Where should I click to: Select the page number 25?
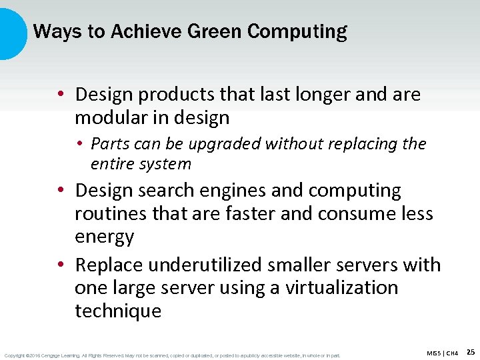(470, 352)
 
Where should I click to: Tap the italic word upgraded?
(223, 144)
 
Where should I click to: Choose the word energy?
(105, 237)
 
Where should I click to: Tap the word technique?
(118, 311)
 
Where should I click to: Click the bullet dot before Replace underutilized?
(61, 265)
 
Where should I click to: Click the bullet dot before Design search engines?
(61, 191)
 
